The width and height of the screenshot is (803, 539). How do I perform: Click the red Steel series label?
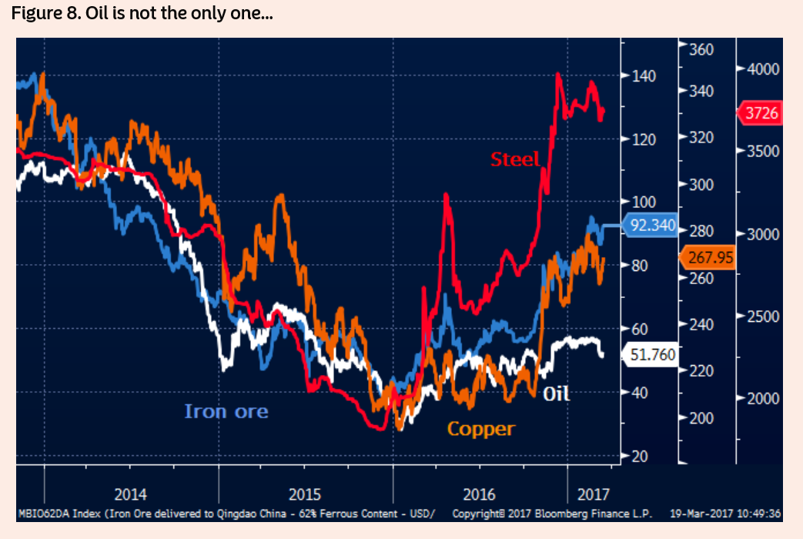point(515,159)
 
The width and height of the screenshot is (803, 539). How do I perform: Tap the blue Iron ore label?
point(226,411)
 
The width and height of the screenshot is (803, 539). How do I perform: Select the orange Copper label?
point(480,429)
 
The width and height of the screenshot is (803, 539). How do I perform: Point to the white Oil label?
point(556,393)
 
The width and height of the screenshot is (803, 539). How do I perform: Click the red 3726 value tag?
point(761,113)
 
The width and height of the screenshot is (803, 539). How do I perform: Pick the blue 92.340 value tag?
point(651,226)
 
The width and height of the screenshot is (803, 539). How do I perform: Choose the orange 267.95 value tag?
point(708,256)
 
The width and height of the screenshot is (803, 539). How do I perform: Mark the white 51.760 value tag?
point(651,354)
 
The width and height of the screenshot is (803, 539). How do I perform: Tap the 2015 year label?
point(304,494)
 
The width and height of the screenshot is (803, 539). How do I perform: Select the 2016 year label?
point(479,494)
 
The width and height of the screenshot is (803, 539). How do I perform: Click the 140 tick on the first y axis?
point(644,76)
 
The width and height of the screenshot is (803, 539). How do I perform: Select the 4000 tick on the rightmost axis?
point(763,69)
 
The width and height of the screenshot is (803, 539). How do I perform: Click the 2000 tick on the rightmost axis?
point(763,398)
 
